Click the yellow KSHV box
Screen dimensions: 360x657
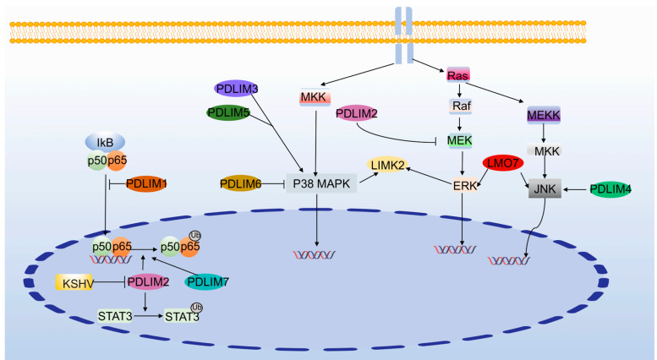[x=73, y=281]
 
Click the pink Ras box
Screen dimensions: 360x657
[x=457, y=76]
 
